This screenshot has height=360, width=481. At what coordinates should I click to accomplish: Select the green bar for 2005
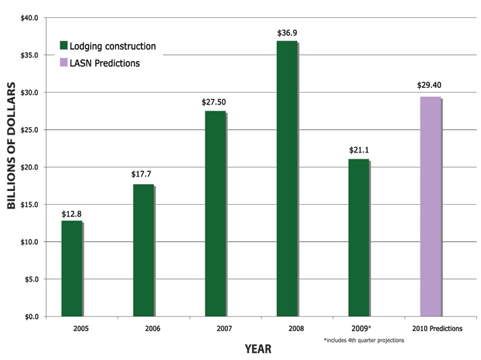[x=71, y=268]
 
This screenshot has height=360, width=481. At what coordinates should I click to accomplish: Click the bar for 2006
[x=144, y=250]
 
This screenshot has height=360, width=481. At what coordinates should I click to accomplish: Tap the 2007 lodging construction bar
[x=215, y=213]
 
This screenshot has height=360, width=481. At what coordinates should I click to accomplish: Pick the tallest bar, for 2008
[x=287, y=179]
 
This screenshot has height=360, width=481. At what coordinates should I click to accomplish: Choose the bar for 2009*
[x=359, y=237]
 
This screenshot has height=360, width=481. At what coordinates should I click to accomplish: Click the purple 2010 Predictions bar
[x=430, y=206]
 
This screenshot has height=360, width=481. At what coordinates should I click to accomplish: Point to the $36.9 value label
[x=287, y=32]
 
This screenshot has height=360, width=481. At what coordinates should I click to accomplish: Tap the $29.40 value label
[x=430, y=86]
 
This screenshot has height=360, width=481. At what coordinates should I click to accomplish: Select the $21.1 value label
[x=359, y=150]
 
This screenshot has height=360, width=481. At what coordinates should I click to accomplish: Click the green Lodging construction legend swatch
[x=64, y=46]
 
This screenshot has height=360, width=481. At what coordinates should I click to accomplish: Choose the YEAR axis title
[x=258, y=349]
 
